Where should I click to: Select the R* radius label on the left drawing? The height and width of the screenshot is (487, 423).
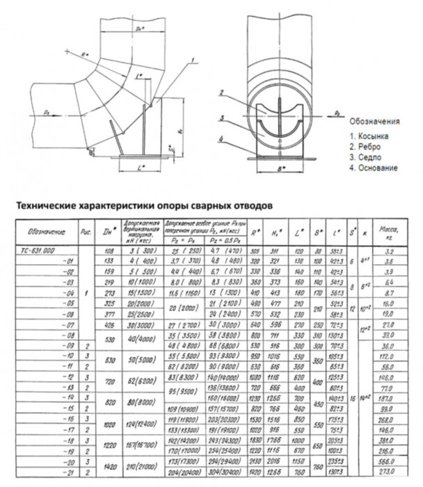coord(84,54)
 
